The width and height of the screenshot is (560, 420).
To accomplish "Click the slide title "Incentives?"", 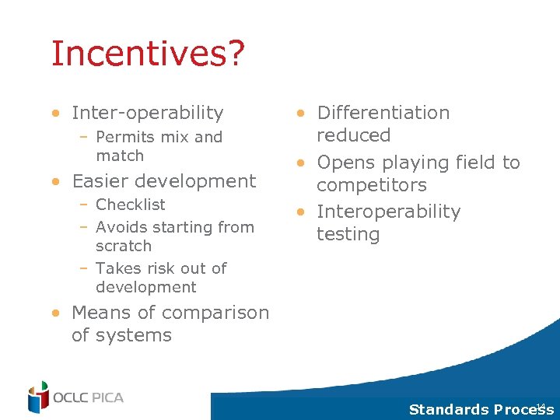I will point(148,54).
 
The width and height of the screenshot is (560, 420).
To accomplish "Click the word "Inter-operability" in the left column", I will point(147,113).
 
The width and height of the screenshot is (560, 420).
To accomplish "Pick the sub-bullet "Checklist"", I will point(130,205).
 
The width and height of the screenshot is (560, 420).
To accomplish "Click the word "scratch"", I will point(124,246).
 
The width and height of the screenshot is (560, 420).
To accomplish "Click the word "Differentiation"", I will point(383,113).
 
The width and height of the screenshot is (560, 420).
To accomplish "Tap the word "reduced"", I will point(353,135).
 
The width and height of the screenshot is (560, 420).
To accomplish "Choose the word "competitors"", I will point(371,185).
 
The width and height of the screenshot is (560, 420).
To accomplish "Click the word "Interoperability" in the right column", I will point(388,212).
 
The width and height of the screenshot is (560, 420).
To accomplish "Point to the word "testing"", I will point(348,234).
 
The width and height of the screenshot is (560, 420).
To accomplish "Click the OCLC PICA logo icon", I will point(38,397).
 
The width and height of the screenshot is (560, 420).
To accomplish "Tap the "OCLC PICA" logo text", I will point(88,398).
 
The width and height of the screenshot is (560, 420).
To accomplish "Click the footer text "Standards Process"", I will point(475,410).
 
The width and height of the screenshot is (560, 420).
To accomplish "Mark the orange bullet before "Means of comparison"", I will point(57,313).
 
